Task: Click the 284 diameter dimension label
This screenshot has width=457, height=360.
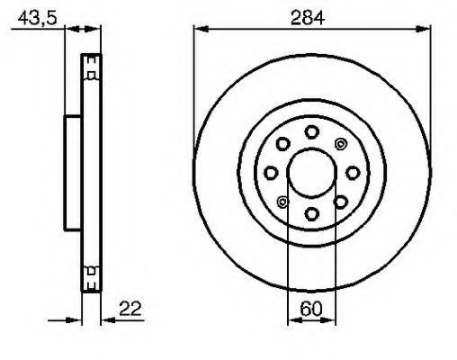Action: [x=308, y=18]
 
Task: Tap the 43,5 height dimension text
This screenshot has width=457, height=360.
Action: [x=37, y=18]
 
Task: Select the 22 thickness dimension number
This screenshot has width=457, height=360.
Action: [x=130, y=309]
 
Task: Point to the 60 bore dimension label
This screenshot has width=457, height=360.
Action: [x=311, y=309]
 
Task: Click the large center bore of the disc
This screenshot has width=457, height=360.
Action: [x=311, y=173]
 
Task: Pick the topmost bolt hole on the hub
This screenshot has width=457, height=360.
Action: [x=311, y=132]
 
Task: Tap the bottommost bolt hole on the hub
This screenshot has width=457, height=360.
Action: [x=311, y=214]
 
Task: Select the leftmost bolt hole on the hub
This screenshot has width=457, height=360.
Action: [x=271, y=173]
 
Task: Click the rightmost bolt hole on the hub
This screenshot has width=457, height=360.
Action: [x=353, y=173]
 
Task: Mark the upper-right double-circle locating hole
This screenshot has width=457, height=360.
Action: [x=340, y=144]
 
